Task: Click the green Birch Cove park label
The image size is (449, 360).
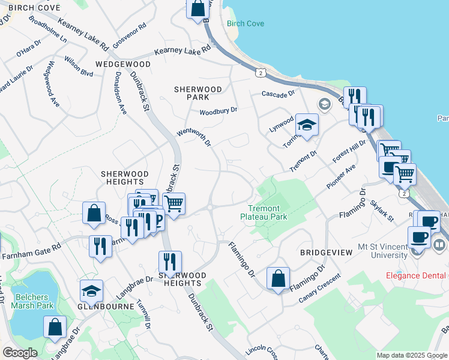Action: (246, 24)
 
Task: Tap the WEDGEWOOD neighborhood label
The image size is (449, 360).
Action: (122, 64)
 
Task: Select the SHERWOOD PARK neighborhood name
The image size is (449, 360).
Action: (198, 92)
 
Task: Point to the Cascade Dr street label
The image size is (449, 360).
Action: (279, 94)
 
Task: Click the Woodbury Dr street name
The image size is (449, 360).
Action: (218, 110)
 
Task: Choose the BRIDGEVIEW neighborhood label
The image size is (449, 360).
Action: (326, 253)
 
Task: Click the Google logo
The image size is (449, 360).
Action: (20, 353)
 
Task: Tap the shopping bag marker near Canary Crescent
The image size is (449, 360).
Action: (279, 278)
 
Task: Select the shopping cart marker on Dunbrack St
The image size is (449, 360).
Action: (174, 203)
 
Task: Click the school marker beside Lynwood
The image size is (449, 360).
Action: (307, 125)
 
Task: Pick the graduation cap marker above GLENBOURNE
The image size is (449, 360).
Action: (91, 291)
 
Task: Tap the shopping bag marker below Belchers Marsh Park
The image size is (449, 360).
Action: (55, 327)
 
